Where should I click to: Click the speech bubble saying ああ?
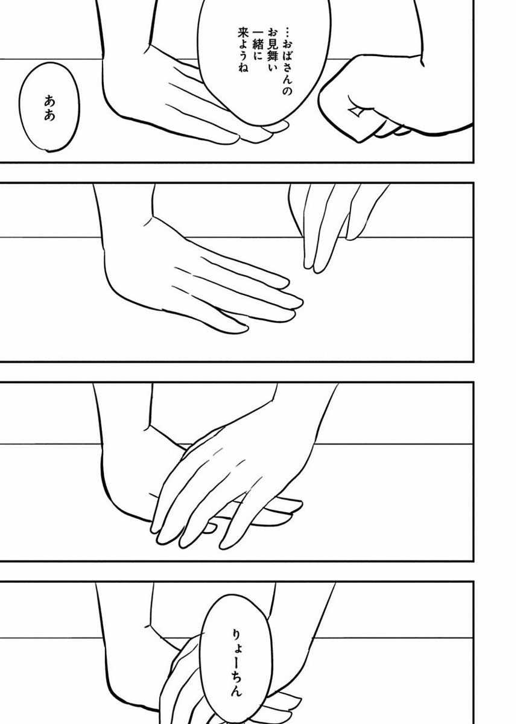[49, 107]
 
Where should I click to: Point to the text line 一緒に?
[255, 46]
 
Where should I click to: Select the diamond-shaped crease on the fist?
[356, 112]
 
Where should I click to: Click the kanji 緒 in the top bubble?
[255, 46]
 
